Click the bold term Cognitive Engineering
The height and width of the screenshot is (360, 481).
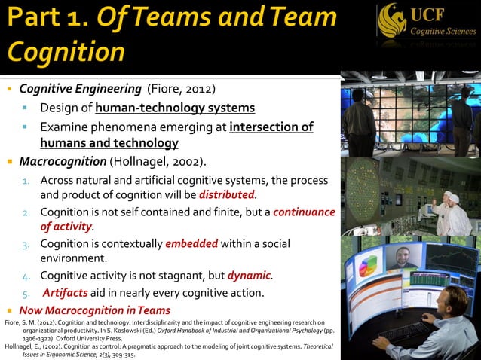pyautogui.click(x=81, y=88)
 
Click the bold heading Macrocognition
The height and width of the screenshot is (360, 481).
pyautogui.click(x=63, y=161)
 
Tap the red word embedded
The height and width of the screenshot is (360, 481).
pyautogui.click(x=191, y=243)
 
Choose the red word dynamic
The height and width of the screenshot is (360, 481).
pyautogui.click(x=249, y=275)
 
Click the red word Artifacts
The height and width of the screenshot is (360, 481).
pyautogui.click(x=66, y=292)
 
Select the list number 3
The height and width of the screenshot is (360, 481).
pyautogui.click(x=25, y=244)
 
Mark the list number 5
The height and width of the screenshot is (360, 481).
pyautogui.click(x=25, y=293)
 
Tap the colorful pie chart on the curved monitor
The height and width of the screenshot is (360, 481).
pyautogui.click(x=368, y=265)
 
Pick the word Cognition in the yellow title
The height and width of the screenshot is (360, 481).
pyautogui.click(x=66, y=52)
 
